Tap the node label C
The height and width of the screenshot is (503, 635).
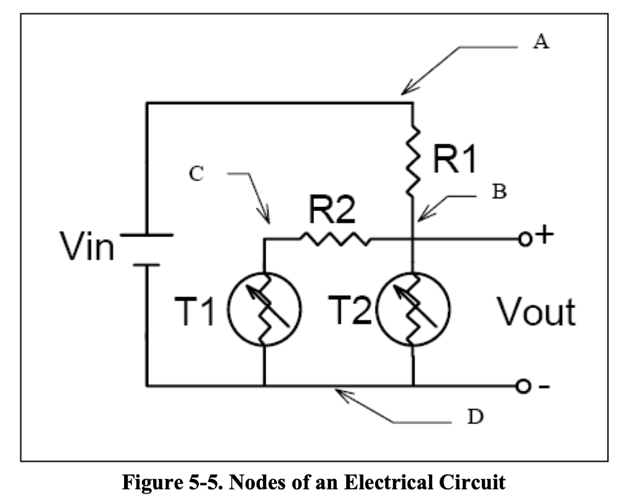point(196,175)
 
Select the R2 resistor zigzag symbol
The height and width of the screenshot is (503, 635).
point(335,238)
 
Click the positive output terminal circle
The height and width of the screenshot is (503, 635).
point(524,238)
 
